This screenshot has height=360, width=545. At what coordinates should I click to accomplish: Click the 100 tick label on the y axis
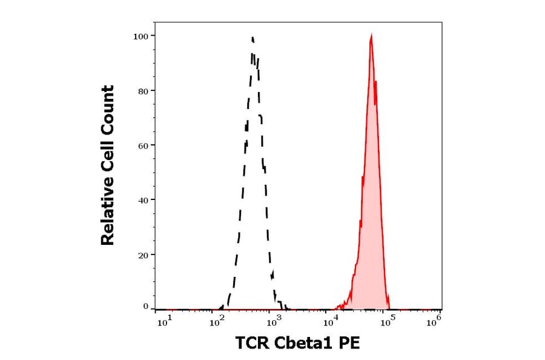tap(141, 36)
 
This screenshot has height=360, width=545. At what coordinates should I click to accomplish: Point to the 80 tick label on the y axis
tap(144, 91)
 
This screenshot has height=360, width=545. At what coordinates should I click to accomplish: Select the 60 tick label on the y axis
tap(144, 145)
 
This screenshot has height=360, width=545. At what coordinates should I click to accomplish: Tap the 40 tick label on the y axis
tap(144, 200)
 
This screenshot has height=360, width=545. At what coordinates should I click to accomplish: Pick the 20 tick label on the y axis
tap(144, 255)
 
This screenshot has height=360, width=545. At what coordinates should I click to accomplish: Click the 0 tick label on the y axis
tap(146, 307)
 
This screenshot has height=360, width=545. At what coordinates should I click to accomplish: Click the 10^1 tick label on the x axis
tap(164, 321)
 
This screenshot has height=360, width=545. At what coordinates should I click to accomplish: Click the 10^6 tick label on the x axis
tap(434, 321)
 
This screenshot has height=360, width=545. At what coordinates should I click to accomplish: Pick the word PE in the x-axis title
tap(349, 344)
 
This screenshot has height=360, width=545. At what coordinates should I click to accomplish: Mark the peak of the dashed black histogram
tap(253, 38)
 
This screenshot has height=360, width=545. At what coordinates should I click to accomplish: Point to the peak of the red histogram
tap(371, 36)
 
